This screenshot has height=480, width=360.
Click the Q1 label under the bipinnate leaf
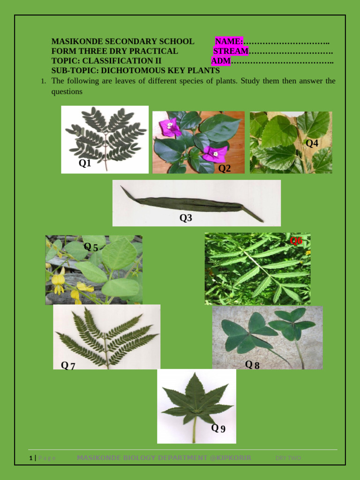point(85,163)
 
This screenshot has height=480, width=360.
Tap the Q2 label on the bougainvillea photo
point(225,168)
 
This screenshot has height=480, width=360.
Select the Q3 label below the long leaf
point(186,218)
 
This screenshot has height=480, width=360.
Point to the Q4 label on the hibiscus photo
point(312,143)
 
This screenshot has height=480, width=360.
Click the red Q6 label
point(296,241)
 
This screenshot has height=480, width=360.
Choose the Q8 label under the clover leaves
point(252,364)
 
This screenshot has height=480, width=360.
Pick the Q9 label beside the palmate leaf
point(218,428)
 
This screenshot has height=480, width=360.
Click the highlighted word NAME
point(229,42)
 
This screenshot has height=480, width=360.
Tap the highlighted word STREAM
point(231,51)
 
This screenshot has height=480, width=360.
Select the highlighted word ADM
point(221,61)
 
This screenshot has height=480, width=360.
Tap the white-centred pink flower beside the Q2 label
point(215,154)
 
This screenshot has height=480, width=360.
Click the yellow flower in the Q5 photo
point(58,281)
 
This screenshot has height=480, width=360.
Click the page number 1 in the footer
point(30,458)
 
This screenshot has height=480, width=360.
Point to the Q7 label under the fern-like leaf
point(67,366)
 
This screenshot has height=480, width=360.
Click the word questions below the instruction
point(67,91)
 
